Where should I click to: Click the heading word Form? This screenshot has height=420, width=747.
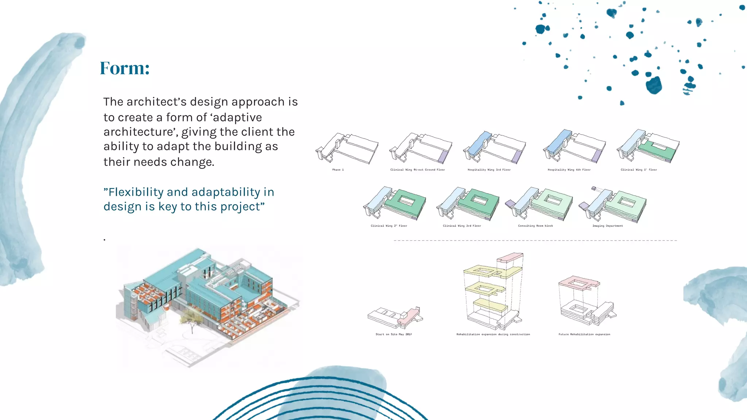tap(125, 68)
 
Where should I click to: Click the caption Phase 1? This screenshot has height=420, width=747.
tap(338, 170)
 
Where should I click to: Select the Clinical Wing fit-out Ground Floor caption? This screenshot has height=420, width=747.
tap(417, 170)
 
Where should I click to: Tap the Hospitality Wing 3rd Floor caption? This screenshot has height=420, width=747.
tap(489, 170)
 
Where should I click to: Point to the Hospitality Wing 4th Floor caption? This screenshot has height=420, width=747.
tap(569, 170)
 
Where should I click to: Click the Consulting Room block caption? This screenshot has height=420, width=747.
tap(535, 226)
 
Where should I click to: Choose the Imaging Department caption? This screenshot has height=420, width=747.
tap(608, 226)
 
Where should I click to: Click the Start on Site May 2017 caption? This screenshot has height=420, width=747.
tap(394, 334)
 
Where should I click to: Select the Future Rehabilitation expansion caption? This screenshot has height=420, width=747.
tap(584, 334)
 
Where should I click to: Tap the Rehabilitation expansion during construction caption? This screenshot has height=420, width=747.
tap(493, 334)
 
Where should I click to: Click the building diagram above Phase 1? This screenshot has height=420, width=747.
tap(347, 148)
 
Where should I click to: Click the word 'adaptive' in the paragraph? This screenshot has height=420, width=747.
tap(237, 117)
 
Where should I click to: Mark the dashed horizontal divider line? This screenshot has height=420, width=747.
tap(535, 241)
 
